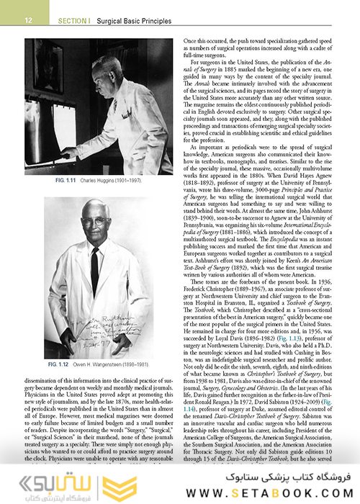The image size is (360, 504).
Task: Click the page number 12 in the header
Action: tap(27, 9)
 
